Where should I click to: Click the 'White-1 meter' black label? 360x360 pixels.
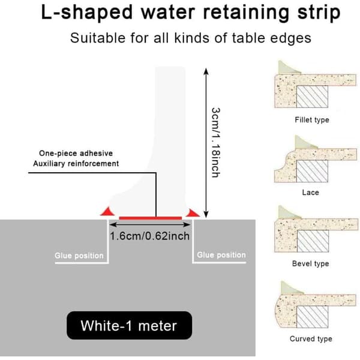click(129, 325)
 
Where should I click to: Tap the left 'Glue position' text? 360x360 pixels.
click(79, 256)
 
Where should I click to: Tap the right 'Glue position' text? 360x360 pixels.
click(221, 255)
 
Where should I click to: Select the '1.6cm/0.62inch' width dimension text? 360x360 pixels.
click(150, 236)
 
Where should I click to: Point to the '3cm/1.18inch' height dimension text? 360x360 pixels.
click(216, 142)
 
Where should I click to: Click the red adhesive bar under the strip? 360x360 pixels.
click(151, 218)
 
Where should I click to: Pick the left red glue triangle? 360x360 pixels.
click(107, 211)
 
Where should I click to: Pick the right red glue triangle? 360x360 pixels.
click(193, 213)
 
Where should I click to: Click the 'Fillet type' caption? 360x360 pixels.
click(312, 120)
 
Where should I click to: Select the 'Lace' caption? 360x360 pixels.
click(310, 193)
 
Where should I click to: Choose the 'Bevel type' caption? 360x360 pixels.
click(310, 263)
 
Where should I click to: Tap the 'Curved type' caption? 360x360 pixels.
click(311, 338)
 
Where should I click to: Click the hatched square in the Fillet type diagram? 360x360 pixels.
click(312, 97)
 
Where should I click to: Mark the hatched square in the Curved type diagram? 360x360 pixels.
click(312, 317)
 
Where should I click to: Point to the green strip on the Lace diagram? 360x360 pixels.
click(304, 143)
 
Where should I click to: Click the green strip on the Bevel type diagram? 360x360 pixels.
click(289, 213)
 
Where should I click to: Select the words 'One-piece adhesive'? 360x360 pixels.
click(76, 154)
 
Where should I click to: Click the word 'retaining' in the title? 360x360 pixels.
click(246, 13)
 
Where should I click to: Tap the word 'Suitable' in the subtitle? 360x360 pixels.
click(98, 38)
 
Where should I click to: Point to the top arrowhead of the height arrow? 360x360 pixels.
click(206, 71)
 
